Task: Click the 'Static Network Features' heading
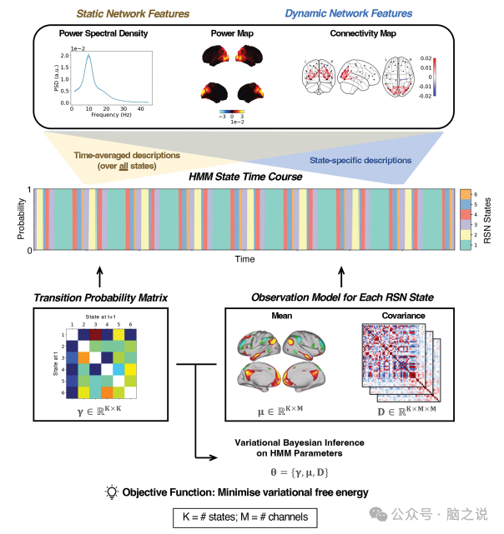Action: (134, 13)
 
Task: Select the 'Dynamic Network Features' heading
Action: (349, 13)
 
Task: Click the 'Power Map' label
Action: (231, 34)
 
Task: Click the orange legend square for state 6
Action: (465, 193)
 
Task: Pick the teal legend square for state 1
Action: (465, 245)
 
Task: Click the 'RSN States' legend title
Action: (488, 220)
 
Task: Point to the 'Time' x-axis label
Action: (244, 260)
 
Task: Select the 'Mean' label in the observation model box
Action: (280, 317)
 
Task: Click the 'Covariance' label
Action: (402, 317)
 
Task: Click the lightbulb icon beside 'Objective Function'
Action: (112, 492)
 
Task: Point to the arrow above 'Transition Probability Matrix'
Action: (100, 276)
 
